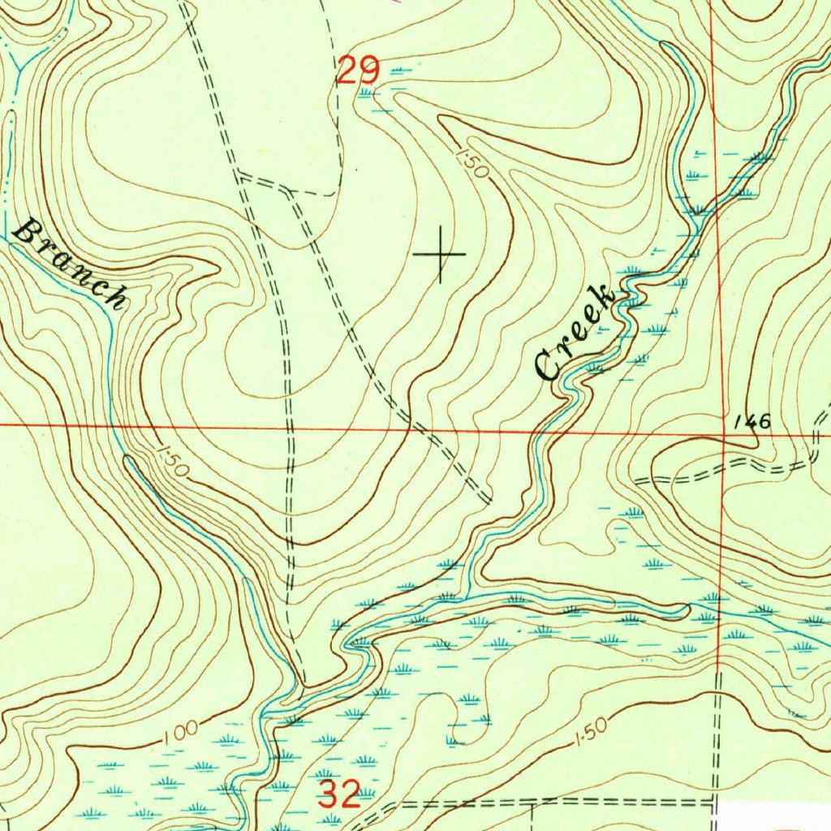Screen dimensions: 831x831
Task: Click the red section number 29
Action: pyautogui.click(x=358, y=71)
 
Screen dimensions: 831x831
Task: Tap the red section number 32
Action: pyautogui.click(x=338, y=794)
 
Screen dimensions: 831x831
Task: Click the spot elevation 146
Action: pyautogui.click(x=751, y=421)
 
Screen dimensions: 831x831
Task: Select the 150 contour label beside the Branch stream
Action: pyautogui.click(x=170, y=460)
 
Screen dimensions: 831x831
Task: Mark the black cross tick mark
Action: pyautogui.click(x=440, y=255)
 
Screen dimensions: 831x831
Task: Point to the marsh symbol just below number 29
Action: pyautogui.click(x=369, y=93)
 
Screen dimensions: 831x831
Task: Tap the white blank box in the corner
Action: pyautogui.click(x=775, y=816)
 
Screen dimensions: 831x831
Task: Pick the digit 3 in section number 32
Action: pyautogui.click(x=329, y=794)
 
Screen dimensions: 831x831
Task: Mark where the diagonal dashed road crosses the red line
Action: pyautogui.click(x=406, y=425)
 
